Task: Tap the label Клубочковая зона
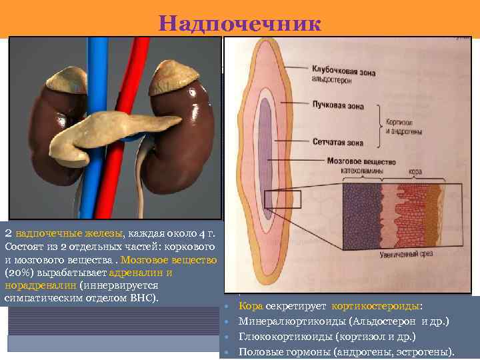click(x=345, y=69)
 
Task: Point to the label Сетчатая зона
click(x=339, y=141)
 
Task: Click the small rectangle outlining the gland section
click(x=283, y=199)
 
